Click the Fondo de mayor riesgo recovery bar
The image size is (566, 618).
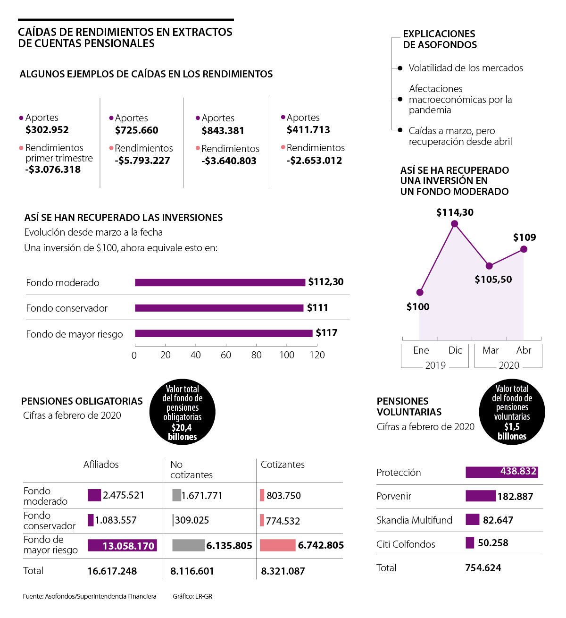[224, 333]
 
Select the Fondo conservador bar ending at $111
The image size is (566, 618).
[219, 308]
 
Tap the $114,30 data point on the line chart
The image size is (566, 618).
[455, 224]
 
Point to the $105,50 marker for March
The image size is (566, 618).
[489, 266]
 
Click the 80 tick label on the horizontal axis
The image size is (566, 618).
[256, 355]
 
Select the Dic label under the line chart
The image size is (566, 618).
[455, 350]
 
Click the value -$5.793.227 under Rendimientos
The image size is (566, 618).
[142, 161]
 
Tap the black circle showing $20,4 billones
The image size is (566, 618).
[183, 412]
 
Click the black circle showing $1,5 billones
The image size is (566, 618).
[512, 412]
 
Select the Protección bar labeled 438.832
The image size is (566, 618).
[501, 472]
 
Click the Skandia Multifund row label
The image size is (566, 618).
[414, 520]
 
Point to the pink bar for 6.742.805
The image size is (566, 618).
[277, 545]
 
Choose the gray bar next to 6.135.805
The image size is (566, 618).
[188, 545]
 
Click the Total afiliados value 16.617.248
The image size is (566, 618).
[112, 571]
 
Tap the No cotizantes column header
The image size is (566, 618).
[191, 470]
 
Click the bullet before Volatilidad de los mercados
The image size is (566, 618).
[400, 68]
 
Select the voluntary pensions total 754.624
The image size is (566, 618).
[483, 568]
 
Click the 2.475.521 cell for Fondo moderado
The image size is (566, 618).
[124, 495]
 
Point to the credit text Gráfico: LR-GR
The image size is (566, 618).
[192, 596]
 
